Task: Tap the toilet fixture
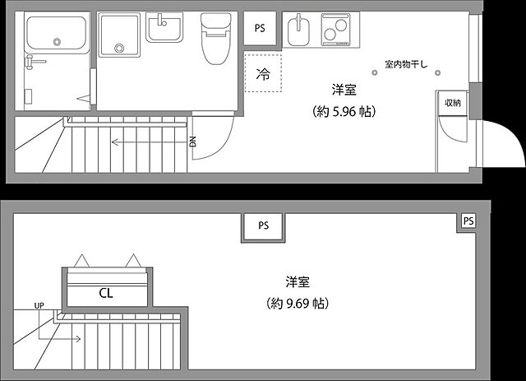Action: pyautogui.click(x=214, y=39)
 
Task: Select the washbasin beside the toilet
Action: pyautogui.click(x=168, y=29)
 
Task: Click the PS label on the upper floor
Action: pyautogui.click(x=260, y=28)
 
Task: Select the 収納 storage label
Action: pyautogui.click(x=453, y=103)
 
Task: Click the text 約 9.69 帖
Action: pyautogui.click(x=298, y=304)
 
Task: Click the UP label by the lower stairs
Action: pyautogui.click(x=39, y=306)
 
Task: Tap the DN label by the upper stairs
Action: pyautogui.click(x=193, y=142)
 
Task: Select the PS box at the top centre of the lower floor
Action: pyautogui.click(x=263, y=225)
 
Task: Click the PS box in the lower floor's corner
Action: pyautogui.click(x=468, y=221)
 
